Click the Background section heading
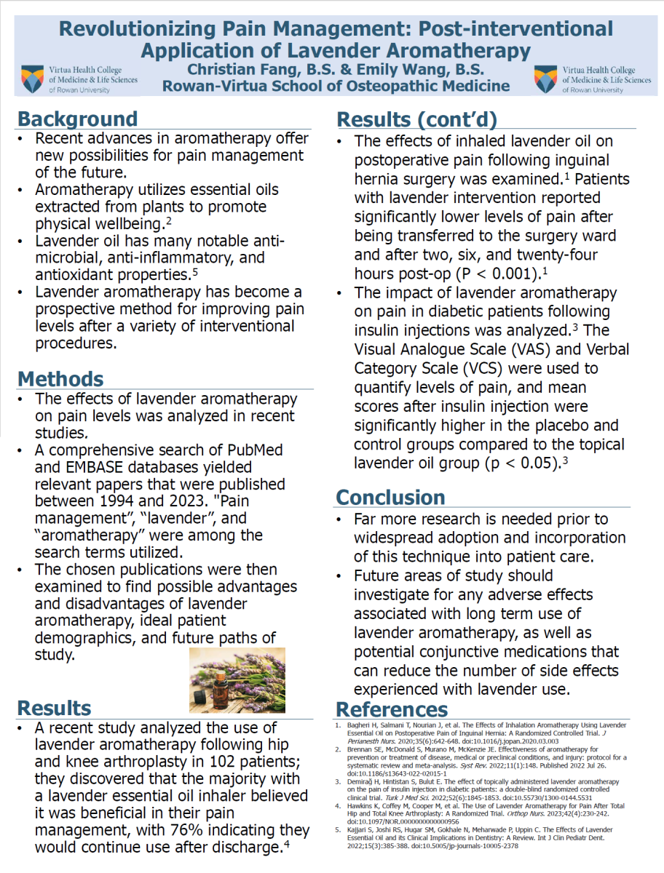[x=77, y=119]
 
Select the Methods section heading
[x=60, y=379]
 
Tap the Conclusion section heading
[x=390, y=498]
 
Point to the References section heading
[x=392, y=709]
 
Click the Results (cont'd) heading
[x=416, y=119]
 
